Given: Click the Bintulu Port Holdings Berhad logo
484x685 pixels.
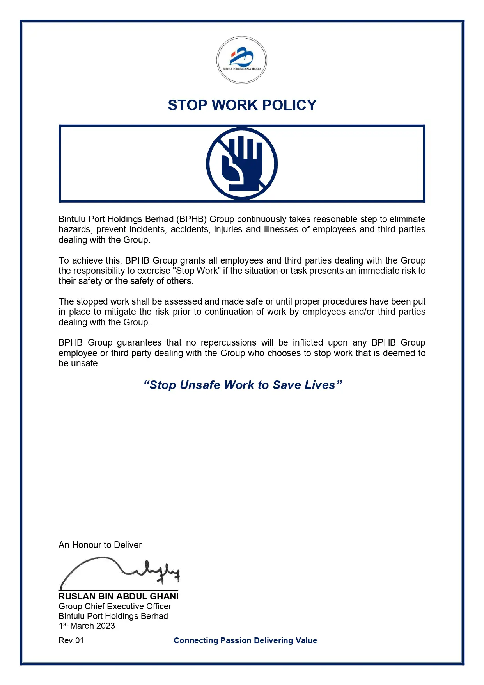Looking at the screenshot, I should click(x=242, y=60).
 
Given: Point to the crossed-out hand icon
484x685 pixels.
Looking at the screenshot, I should click(x=242, y=164).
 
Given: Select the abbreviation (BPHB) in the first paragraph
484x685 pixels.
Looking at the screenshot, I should click(x=191, y=219).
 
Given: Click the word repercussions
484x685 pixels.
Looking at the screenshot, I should click(x=229, y=343).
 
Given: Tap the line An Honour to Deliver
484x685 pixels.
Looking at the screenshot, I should click(x=100, y=545).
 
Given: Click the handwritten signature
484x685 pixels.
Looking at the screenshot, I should click(x=119, y=573).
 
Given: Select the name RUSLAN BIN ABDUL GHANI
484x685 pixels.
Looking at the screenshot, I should click(x=119, y=596).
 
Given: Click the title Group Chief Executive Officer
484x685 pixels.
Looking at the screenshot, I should click(x=115, y=607).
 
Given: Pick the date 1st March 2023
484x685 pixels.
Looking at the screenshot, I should click(x=87, y=626).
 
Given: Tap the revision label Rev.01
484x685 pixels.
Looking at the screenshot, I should click(x=71, y=640).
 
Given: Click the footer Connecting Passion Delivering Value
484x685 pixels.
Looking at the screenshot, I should click(x=245, y=640).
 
